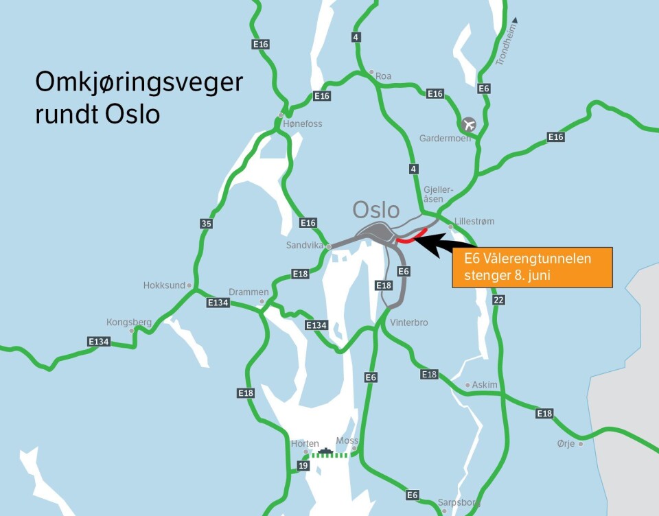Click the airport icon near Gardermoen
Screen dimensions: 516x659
[469, 124]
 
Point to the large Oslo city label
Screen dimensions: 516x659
[376, 209]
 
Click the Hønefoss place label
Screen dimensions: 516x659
[302, 124]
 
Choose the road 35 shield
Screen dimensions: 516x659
[206, 223]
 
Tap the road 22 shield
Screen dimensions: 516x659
[498, 299]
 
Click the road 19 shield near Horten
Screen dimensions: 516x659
[303, 466]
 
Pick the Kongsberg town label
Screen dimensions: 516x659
[128, 322]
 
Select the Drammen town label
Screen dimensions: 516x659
[248, 292]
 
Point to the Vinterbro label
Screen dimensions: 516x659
[409, 322]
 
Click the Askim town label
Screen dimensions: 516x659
[485, 385]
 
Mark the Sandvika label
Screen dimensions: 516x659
[305, 245]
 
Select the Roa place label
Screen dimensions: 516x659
[383, 76]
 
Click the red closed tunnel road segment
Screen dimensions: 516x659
[411, 237]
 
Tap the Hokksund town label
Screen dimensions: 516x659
[164, 285]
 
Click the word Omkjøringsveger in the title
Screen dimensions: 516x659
[139, 83]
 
